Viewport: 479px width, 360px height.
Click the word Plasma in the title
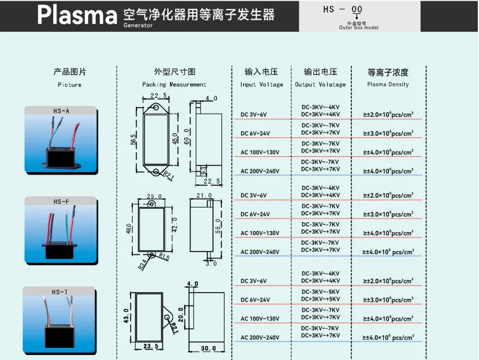76,15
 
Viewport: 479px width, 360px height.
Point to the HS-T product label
61,292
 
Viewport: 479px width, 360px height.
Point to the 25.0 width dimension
155,197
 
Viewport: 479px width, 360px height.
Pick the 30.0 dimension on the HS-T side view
209,348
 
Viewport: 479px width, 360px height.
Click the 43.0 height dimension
126,316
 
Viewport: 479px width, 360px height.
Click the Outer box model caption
358,28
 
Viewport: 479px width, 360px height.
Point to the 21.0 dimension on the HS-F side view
204,196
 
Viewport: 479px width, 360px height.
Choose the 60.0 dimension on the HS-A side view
187,135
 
